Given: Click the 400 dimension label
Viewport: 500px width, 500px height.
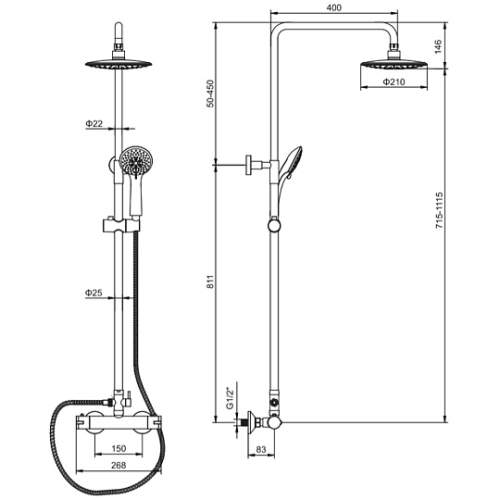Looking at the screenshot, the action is coord(334,7).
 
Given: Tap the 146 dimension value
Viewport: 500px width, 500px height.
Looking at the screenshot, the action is coord(439,46).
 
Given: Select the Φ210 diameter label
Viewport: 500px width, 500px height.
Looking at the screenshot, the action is coord(394,82).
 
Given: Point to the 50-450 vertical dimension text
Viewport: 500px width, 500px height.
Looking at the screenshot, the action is coord(211,94).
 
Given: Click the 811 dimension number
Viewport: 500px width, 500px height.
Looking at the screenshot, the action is coord(211,281).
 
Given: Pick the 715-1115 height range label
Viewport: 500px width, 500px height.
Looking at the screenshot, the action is coord(440,210).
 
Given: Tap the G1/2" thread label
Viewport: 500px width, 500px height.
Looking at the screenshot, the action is coord(230,398).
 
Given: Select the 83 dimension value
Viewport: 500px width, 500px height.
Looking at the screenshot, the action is coord(261,449).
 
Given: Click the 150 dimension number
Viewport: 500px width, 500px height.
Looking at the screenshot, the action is coord(119,449).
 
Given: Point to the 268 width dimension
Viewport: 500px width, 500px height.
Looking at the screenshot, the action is coord(119,465).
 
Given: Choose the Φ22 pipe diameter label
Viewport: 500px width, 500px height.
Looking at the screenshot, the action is coord(94,123).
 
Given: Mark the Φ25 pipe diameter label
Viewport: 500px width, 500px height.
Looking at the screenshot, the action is coord(94,293).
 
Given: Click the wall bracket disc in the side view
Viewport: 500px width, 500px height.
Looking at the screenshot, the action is coord(249,165).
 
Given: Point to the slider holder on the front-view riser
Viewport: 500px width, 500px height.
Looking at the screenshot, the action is coord(121,225).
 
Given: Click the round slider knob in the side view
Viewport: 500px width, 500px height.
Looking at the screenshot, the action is coord(274,225).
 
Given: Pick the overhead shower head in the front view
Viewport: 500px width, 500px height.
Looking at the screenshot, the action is coord(119,64).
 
